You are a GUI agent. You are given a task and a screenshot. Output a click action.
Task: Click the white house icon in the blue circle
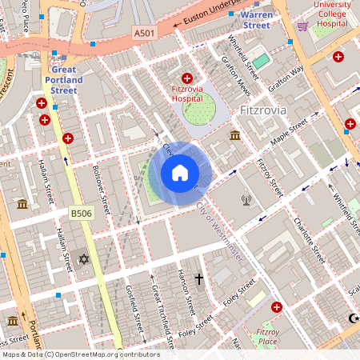tap(180, 173)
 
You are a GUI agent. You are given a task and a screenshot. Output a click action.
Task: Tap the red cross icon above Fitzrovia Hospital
tap(187, 78)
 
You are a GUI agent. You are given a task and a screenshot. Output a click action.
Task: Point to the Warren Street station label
tap(257, 19)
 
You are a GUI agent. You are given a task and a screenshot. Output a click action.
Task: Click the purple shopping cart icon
tap(302, 26)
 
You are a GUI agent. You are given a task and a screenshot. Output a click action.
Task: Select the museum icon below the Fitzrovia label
tap(235, 135)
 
